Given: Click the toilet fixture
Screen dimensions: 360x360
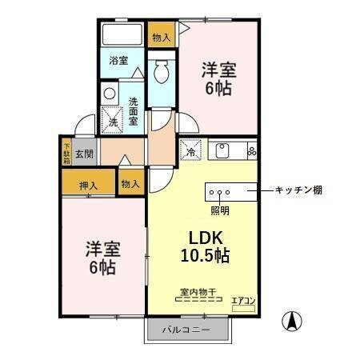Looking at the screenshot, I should point(161,71).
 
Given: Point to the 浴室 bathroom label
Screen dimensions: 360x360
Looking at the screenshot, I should point(118,61).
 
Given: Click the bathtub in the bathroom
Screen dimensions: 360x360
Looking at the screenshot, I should point(122,35).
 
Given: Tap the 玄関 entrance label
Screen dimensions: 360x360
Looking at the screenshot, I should point(86,152).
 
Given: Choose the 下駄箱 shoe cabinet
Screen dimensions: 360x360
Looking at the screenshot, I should point(67,152).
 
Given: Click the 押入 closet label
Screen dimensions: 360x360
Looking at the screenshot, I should point(88,185).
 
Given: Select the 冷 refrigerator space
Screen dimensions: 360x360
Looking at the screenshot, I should point(192,150).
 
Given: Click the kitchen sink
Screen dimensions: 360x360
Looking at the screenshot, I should point(221,150).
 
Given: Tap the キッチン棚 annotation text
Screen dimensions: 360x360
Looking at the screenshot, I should point(298,190).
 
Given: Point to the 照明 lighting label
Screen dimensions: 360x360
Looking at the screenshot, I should point(219,210).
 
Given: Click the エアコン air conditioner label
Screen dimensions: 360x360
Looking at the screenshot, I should point(242,300).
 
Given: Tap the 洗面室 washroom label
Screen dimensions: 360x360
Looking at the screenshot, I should point(134,111).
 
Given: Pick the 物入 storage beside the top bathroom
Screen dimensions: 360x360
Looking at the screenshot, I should point(160,36).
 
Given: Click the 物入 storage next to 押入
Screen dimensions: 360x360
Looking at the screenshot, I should point(130,184).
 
